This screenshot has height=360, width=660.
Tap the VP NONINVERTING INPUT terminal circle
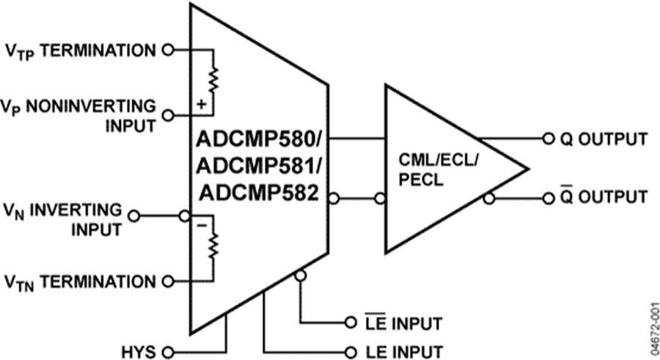click(168, 115)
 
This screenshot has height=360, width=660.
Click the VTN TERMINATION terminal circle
click(168, 281)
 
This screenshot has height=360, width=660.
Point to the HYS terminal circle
click(168, 350)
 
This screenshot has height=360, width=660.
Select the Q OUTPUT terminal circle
click(548, 139)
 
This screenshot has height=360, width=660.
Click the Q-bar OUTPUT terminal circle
click(548, 198)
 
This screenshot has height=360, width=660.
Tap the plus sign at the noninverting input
click(201, 106)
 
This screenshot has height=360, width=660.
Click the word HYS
click(139, 351)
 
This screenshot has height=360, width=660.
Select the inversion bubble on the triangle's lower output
click(489, 198)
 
